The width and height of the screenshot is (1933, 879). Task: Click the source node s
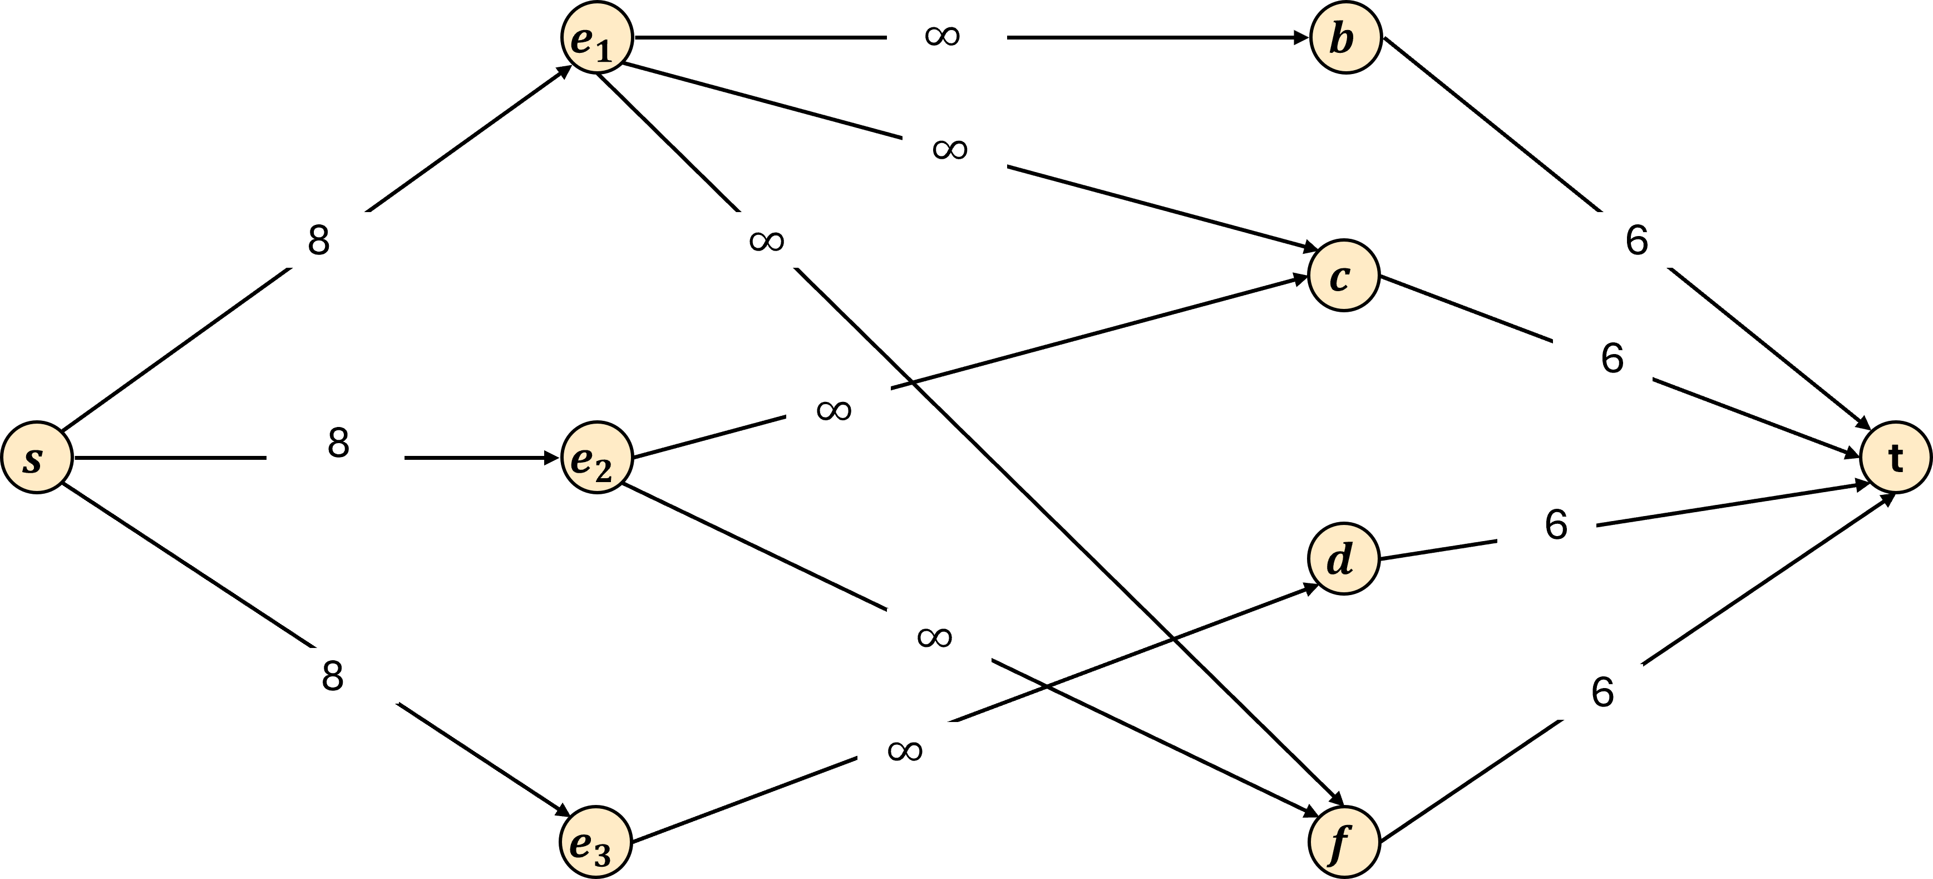click(37, 457)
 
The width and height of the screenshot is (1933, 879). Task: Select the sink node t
click(1896, 457)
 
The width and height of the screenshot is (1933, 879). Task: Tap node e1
click(596, 37)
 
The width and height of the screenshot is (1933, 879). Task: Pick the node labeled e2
click(596, 457)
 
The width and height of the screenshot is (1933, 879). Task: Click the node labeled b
click(1345, 37)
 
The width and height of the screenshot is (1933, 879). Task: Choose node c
click(1343, 275)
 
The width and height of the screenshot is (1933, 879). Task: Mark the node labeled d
click(1343, 558)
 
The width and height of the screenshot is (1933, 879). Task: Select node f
click(1344, 842)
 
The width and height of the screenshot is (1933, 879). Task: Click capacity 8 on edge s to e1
click(319, 240)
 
